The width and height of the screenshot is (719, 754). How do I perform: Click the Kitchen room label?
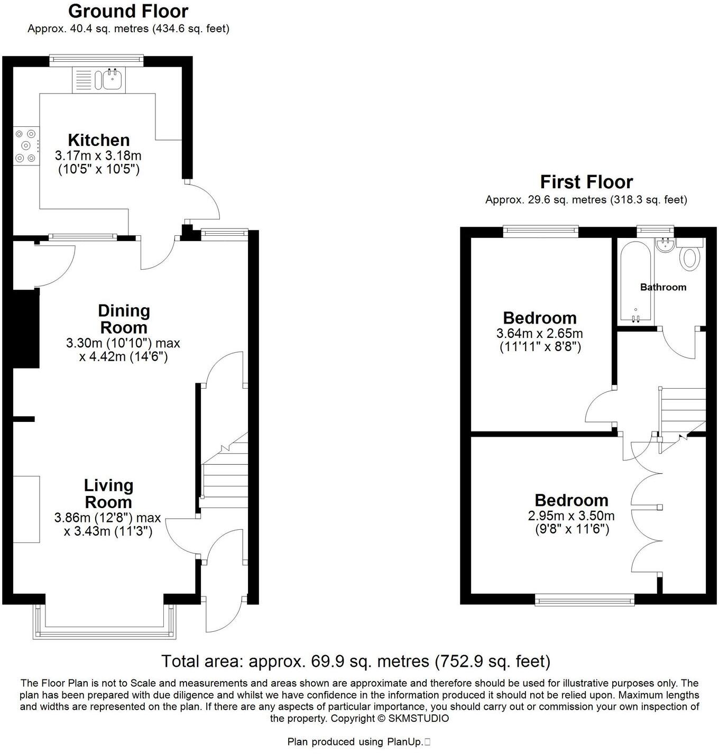pyautogui.click(x=99, y=140)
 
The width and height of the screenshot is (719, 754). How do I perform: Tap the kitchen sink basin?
pyautogui.click(x=113, y=80)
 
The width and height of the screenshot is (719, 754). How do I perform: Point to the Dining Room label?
pyautogui.click(x=124, y=319)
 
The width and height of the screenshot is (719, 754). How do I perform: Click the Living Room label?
pyautogui.click(x=108, y=493)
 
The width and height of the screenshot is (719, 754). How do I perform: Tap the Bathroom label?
pyautogui.click(x=663, y=287)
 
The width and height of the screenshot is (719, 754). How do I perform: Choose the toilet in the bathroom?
pyautogui.click(x=690, y=258)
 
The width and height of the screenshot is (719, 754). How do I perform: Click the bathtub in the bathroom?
pyautogui.click(x=634, y=283)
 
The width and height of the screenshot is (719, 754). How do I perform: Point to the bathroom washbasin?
pyautogui.click(x=663, y=245)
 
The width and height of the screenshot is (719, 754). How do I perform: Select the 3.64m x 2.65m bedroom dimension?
pyautogui.click(x=539, y=334)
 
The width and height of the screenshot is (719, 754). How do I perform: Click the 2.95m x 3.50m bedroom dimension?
pyautogui.click(x=571, y=516)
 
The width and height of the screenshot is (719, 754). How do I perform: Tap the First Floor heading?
pyautogui.click(x=586, y=182)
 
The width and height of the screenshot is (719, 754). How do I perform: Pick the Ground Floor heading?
pyautogui.click(x=128, y=11)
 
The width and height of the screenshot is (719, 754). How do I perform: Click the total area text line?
pyautogui.click(x=355, y=661)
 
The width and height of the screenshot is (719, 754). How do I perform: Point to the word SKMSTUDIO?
pyautogui.click(x=419, y=718)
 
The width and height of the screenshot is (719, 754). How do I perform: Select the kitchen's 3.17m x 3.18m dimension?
pyautogui.click(x=98, y=157)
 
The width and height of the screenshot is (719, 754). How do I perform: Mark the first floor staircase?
pyautogui.click(x=682, y=412)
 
